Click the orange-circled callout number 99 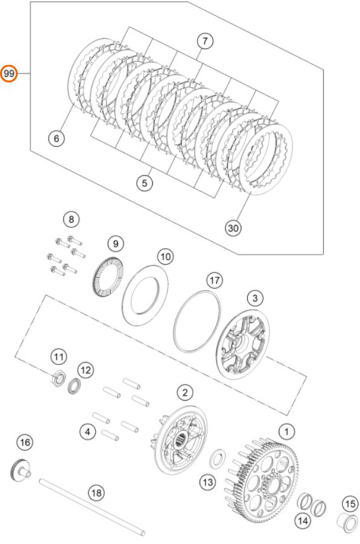pos(9,74)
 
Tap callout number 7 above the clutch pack pos(205,41)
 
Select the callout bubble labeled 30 pos(233,228)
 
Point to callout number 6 pos(56,138)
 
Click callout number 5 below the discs pos(144,183)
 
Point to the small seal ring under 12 pos(74,386)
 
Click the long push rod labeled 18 pos(92,507)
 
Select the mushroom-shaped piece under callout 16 pos(20,470)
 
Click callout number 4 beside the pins pos(88,432)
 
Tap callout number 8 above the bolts pos(71,219)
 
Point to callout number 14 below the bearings pos(303,520)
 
